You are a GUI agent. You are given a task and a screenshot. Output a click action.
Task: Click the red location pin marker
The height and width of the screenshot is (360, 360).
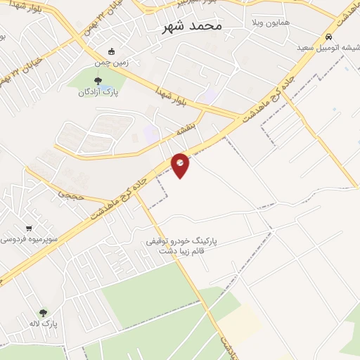tap(180, 165)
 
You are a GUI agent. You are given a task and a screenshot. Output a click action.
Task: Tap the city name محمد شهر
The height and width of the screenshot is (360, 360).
tap(191, 26)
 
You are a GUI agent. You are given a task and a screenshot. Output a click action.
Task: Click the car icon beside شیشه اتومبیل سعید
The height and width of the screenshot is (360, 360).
tap(328, 37)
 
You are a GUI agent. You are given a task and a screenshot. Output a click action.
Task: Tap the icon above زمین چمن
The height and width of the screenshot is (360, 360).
tap(112, 51)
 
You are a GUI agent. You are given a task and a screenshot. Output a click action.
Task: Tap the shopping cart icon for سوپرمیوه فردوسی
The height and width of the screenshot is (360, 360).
tap(28, 228)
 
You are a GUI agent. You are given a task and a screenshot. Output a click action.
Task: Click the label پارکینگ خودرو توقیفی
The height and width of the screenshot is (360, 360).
tap(182, 240)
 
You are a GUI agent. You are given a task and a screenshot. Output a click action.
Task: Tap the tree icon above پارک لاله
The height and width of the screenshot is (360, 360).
tap(43, 313)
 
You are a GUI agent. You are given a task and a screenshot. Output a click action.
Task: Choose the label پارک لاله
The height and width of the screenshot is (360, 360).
tap(43, 323)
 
